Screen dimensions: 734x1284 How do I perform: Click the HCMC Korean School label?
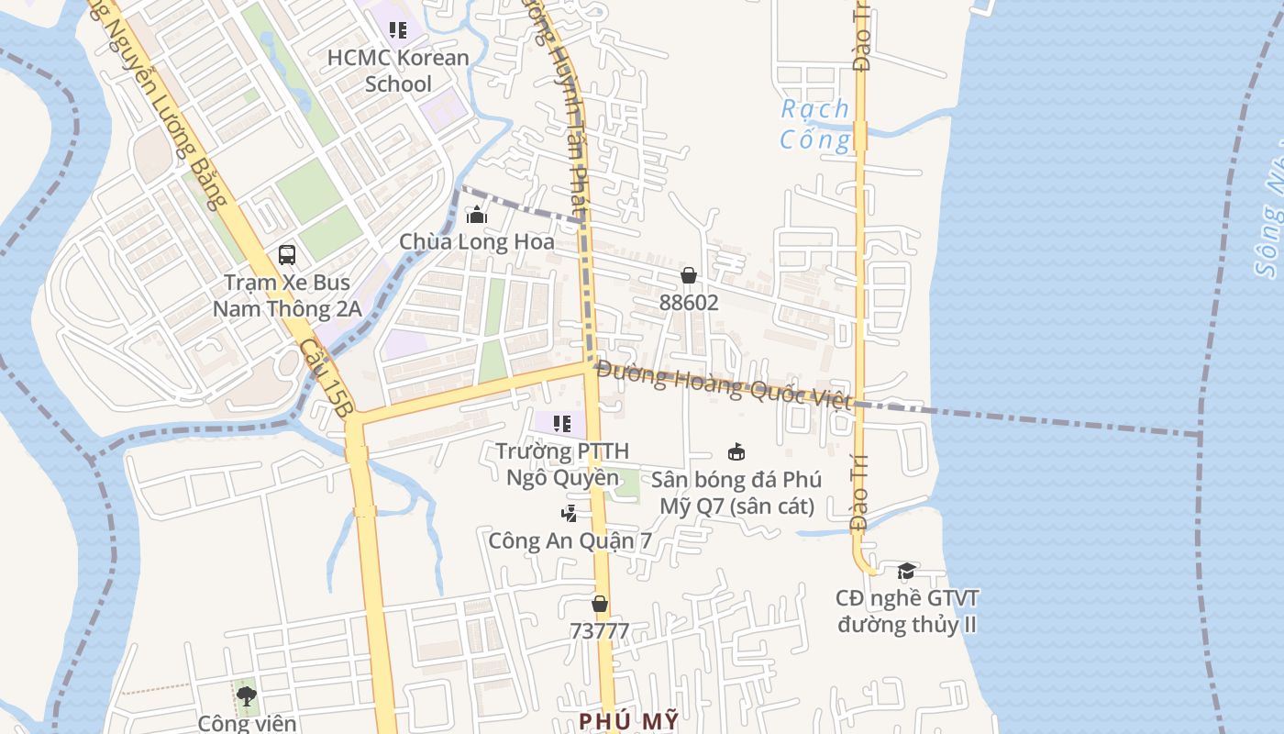398,71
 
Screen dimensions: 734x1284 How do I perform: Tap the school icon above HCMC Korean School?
397,30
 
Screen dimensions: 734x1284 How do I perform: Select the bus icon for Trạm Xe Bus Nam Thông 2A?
287,255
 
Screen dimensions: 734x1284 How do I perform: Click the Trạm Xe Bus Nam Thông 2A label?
287,295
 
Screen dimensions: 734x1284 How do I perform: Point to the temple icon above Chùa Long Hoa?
477,216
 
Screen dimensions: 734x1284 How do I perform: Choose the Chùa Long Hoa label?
477,242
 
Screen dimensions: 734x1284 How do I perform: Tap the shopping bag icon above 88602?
689,275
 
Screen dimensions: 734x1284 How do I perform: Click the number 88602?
689,302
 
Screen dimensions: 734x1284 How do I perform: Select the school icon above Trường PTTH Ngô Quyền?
562,424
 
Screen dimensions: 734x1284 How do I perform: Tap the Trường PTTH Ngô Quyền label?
562,464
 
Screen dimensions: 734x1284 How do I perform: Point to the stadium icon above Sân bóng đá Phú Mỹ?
736,451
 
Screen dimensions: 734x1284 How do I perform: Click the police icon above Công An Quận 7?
570,513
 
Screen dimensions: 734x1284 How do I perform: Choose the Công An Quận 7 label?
570,540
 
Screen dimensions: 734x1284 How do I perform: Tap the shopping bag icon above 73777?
600,604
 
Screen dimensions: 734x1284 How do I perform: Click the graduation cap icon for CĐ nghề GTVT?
906,572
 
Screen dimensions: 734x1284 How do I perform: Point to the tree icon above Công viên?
246,695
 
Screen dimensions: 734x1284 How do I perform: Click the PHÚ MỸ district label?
629,720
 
